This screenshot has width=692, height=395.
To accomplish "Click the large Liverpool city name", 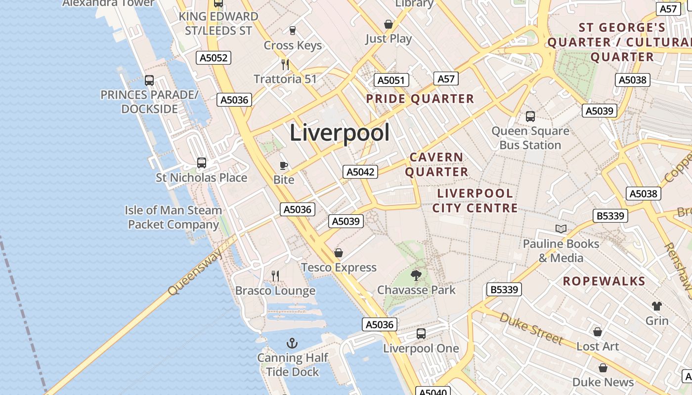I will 340,133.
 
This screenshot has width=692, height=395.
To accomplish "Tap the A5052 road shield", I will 214,58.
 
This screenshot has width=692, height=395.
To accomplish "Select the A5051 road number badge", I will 391,80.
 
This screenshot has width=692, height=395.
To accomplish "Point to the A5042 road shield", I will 360,172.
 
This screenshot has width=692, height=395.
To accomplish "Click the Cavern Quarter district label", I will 437,164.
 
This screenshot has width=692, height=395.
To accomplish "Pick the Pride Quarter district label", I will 420,99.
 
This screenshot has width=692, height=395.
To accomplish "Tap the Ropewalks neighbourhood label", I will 604,281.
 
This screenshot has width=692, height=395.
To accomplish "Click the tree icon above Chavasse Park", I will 416,275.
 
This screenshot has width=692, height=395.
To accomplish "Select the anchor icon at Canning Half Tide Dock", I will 292,343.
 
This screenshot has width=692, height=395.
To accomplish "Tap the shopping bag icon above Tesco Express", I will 339,253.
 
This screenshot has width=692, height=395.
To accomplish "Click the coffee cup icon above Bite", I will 284,165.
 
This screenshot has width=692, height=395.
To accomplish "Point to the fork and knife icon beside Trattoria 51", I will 285,64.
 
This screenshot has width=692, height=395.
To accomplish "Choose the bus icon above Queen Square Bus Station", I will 530,117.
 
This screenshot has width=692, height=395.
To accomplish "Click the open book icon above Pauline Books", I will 561,229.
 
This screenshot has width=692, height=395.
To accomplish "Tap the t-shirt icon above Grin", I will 657,306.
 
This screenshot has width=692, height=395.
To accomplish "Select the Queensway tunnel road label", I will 195,272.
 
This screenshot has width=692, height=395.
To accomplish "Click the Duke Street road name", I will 531,328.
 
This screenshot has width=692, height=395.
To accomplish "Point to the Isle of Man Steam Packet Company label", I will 173,217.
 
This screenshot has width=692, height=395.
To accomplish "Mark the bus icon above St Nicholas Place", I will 202,162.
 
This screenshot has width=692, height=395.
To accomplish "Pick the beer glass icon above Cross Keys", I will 292,30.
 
